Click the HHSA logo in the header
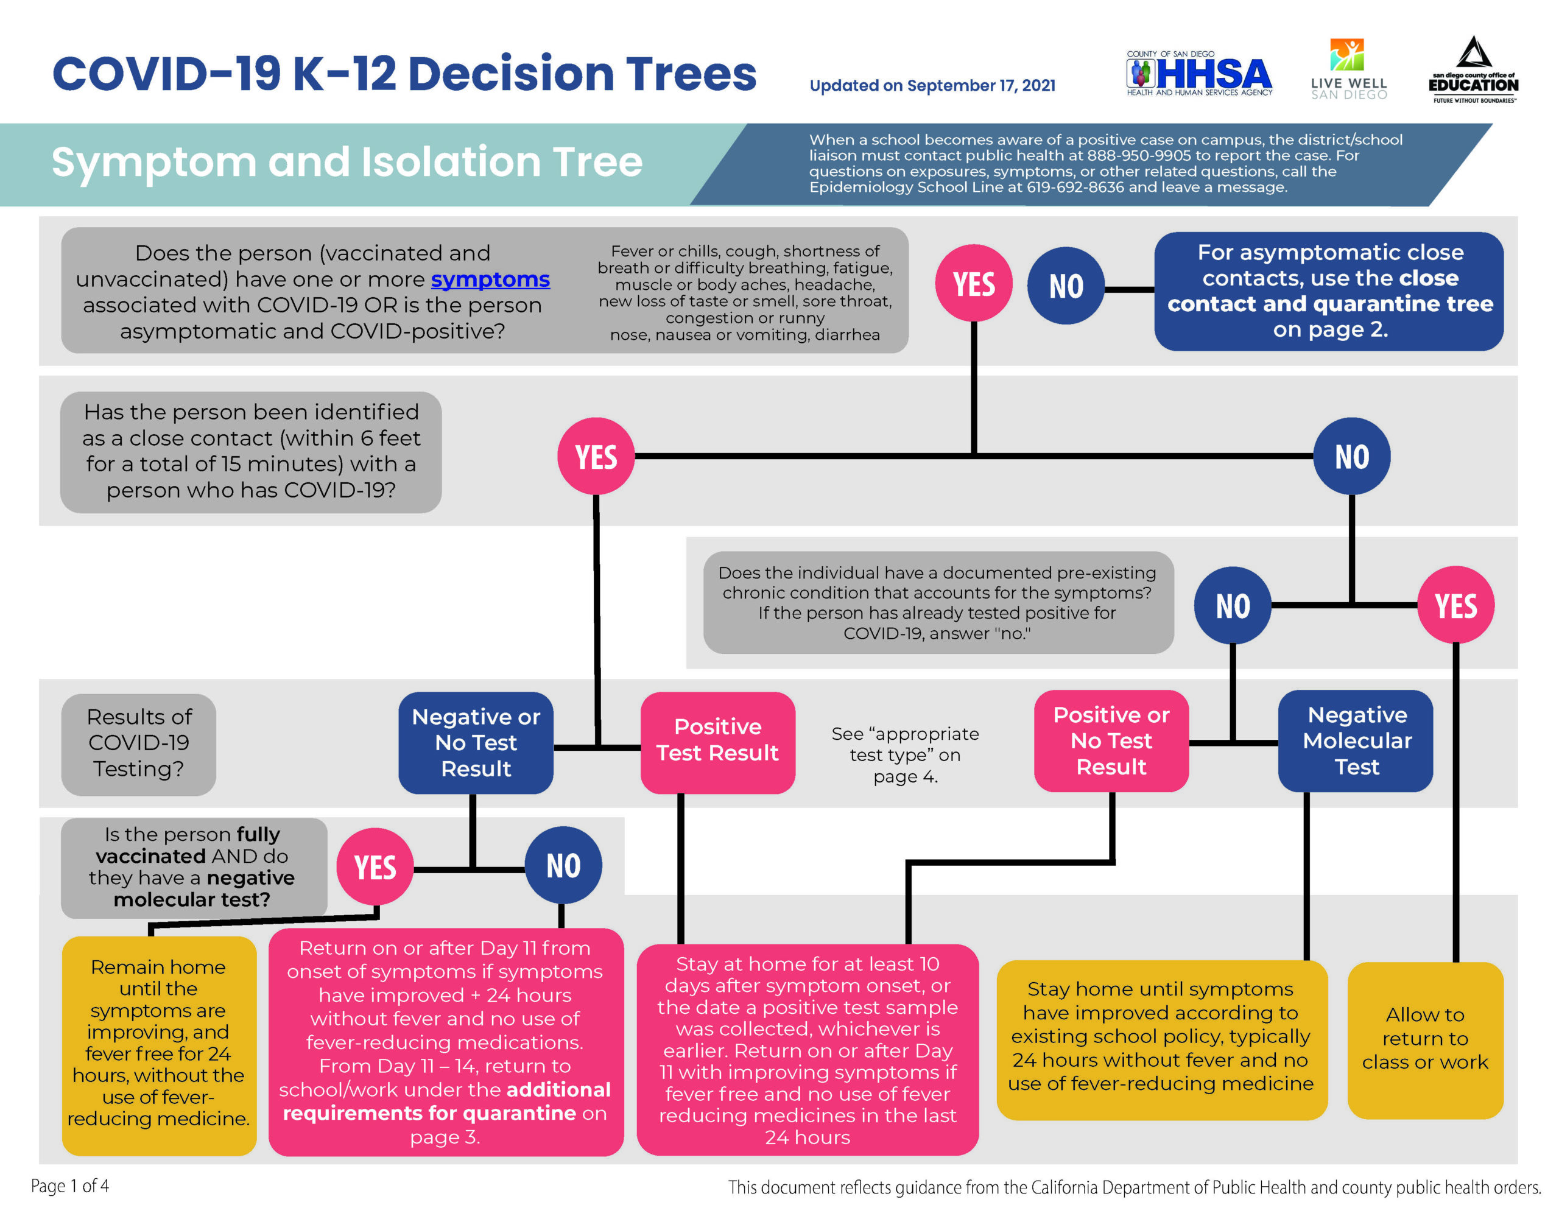1198,74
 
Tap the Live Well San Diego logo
1348,69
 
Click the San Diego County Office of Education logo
1473,71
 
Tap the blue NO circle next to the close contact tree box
1066,286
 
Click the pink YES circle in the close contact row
596,456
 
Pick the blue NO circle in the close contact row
1351,456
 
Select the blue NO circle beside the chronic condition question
1233,605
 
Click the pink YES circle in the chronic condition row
1455,605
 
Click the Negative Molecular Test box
1356,740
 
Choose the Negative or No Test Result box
476,742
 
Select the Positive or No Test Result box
1111,740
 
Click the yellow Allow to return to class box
1425,1039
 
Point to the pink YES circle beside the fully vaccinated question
375,866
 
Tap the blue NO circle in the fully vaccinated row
563,865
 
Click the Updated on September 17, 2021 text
932,86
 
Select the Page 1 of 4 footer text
70,1186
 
